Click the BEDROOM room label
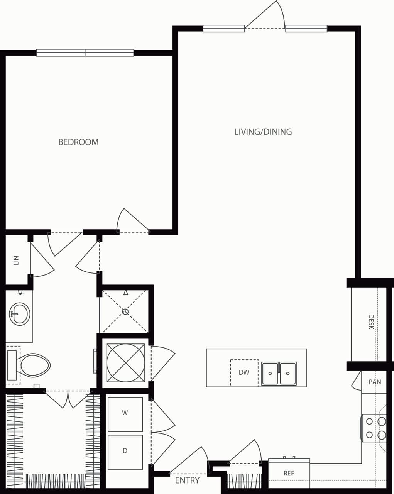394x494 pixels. [x=78, y=142]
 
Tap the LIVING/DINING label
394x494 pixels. [x=263, y=132]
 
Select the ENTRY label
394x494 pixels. [x=187, y=480]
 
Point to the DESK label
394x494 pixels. [x=371, y=321]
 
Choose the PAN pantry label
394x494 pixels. [x=375, y=382]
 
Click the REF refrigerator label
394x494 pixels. [x=289, y=474]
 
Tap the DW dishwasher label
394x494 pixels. [x=244, y=372]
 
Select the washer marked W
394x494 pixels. [x=125, y=413]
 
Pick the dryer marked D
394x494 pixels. [x=125, y=451]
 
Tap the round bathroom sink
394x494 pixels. [x=19, y=314]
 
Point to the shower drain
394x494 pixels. [x=125, y=311]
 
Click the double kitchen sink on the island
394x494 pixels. [x=279, y=373]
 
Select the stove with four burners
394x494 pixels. [x=374, y=428]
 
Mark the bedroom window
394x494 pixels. [x=85, y=53]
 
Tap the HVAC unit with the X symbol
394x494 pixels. [x=125, y=363]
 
